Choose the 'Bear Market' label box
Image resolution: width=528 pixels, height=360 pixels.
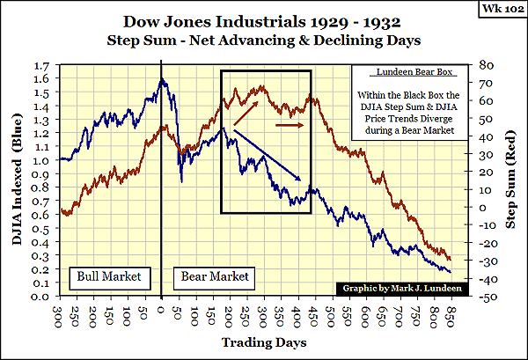(215, 276)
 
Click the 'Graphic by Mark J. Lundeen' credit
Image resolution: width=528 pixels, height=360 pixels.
(394, 288)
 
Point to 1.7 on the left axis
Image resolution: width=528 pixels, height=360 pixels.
(43, 66)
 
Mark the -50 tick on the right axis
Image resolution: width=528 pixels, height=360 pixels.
(488, 299)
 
